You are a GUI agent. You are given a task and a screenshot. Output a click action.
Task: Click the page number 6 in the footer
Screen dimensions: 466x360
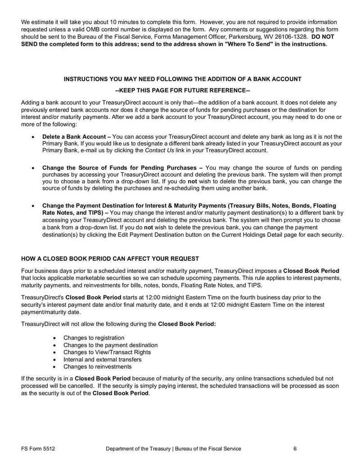pos(295,448)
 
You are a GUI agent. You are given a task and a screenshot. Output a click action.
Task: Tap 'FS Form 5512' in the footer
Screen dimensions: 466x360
pos(38,448)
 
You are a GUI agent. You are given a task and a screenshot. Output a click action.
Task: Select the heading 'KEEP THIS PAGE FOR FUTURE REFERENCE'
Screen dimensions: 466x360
pos(182,90)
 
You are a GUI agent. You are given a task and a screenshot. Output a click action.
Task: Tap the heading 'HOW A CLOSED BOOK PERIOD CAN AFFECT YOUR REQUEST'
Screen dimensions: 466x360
pos(110,258)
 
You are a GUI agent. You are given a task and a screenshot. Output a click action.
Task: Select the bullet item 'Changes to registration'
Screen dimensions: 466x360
pos(94,338)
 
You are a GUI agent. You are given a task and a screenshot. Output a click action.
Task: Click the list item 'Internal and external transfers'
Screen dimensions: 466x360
pos(102,359)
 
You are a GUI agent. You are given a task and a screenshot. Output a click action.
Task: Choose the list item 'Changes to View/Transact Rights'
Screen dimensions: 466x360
pos(107,352)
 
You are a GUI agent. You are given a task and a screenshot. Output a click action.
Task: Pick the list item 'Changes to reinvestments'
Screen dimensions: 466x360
pos(97,366)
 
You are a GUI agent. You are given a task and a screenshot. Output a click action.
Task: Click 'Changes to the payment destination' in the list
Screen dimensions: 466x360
pos(110,345)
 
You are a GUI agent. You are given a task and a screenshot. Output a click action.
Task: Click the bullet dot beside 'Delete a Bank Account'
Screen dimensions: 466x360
pos(33,137)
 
